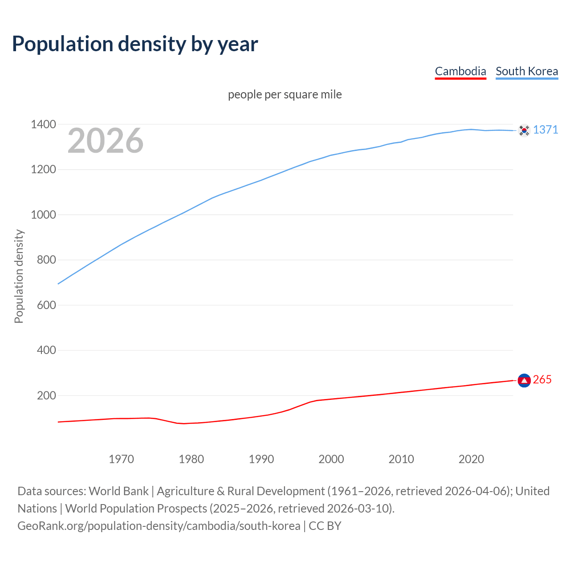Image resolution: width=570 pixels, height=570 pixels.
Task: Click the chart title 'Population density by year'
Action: tap(135, 44)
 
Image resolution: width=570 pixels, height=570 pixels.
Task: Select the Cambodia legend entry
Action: tap(460, 71)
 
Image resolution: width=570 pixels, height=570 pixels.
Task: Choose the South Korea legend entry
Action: tap(526, 71)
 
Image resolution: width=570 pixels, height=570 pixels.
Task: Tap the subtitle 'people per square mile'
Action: tap(285, 94)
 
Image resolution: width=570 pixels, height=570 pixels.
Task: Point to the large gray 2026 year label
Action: tap(106, 141)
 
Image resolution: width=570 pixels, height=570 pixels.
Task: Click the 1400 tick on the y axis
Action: tap(43, 124)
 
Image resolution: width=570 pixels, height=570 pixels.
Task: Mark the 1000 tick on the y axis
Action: tap(43, 215)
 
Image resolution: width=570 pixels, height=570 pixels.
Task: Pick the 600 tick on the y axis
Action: tap(46, 305)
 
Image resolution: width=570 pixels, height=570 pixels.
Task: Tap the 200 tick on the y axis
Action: tap(46, 395)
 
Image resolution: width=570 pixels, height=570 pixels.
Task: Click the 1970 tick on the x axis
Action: tap(121, 459)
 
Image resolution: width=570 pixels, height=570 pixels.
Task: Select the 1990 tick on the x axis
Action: tap(261, 459)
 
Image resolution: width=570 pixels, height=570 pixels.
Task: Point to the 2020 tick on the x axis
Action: tap(471, 459)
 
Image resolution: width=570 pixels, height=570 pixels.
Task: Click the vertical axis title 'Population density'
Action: tap(19, 276)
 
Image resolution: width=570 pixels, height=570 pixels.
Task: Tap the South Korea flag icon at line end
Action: tap(524, 130)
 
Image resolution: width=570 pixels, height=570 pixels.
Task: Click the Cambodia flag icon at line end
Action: tap(524, 380)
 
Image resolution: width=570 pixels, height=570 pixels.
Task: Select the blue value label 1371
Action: tap(545, 130)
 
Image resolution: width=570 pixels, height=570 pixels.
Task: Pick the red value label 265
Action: tap(542, 379)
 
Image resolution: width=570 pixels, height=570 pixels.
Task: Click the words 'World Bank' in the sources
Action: tap(118, 491)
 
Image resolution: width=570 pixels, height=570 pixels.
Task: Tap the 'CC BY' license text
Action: tap(325, 526)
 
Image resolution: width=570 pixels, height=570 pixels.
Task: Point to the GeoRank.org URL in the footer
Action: tap(159, 526)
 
